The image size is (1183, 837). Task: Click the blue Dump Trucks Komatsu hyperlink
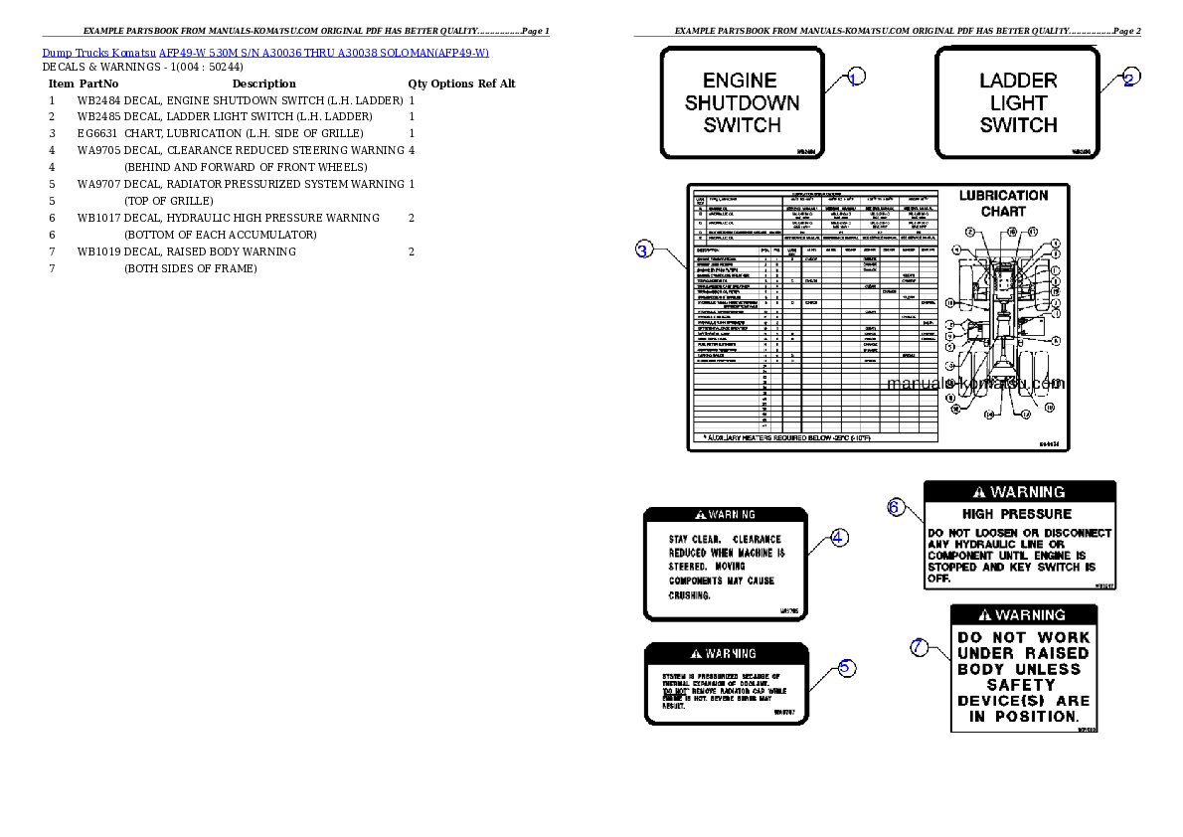pyautogui.click(x=265, y=53)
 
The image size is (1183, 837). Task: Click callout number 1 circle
pyautogui.click(x=856, y=77)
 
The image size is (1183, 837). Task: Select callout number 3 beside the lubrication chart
pyautogui.click(x=644, y=251)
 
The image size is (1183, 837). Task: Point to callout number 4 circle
pyautogui.click(x=839, y=537)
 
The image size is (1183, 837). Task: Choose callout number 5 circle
pyautogui.click(x=844, y=667)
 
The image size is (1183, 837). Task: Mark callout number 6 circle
pyautogui.click(x=896, y=507)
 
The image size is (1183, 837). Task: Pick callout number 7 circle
pyautogui.click(x=921, y=647)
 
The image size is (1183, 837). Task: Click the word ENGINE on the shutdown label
pyautogui.click(x=740, y=81)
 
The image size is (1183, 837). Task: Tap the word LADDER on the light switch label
pyautogui.click(x=1018, y=81)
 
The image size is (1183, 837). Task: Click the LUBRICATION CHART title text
pyautogui.click(x=1003, y=203)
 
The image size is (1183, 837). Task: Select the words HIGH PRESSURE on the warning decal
pyautogui.click(x=1017, y=514)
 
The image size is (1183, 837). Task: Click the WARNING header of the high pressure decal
pyautogui.click(x=1019, y=492)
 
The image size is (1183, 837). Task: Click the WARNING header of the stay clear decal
pyautogui.click(x=725, y=515)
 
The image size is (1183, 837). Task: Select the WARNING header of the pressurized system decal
pyautogui.click(x=726, y=653)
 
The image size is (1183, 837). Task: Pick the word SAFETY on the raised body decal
pyautogui.click(x=1021, y=685)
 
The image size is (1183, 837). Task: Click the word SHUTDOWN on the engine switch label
pyautogui.click(x=742, y=102)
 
